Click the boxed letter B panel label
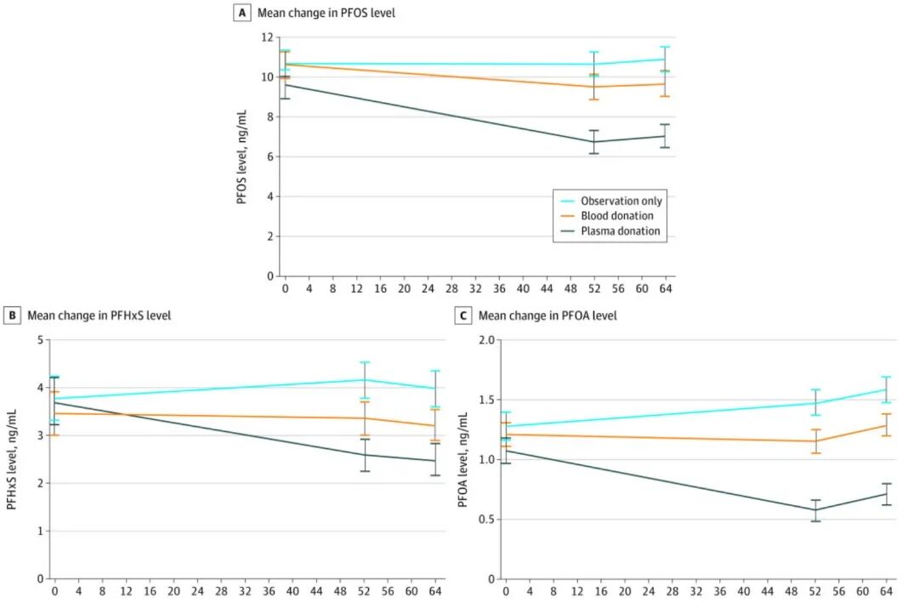(x=13, y=315)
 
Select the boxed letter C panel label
(x=463, y=315)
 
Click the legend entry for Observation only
(x=621, y=201)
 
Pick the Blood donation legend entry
(x=616, y=216)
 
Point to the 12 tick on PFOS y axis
(x=270, y=37)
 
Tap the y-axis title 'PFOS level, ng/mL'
(x=241, y=156)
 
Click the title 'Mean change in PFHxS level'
(x=99, y=315)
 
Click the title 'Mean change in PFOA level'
(x=548, y=315)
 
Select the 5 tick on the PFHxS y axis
(x=39, y=340)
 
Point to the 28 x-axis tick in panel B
(x=222, y=592)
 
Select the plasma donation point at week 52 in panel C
(x=815, y=510)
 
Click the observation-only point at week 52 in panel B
(x=365, y=380)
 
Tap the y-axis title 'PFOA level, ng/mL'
(x=463, y=459)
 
